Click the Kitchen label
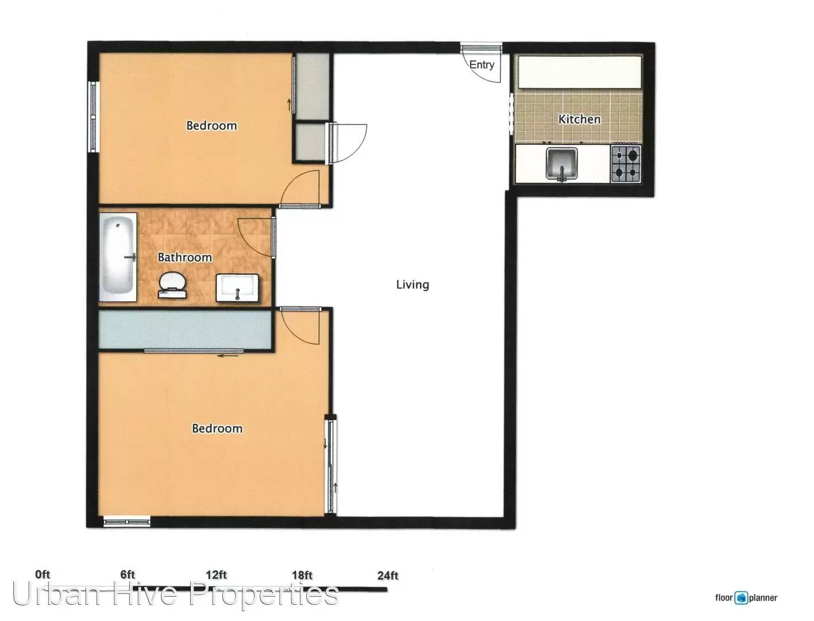coord(579,119)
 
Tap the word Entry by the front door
coord(481,65)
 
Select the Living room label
coord(412,285)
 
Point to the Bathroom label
coord(184,257)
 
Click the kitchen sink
coord(561,164)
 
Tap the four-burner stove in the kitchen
coord(626,163)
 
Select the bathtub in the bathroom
coord(118,256)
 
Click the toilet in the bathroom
coord(172,285)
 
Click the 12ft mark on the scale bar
coord(216,575)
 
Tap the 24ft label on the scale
coord(388,576)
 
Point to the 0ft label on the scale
coord(43,574)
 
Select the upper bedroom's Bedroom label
coord(211,125)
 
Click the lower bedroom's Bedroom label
coord(217,428)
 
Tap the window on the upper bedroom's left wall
coord(93,117)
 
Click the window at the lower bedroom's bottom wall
coord(127,522)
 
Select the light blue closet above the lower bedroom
coord(184,329)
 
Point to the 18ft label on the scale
coord(302,576)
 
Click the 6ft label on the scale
coord(127,574)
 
